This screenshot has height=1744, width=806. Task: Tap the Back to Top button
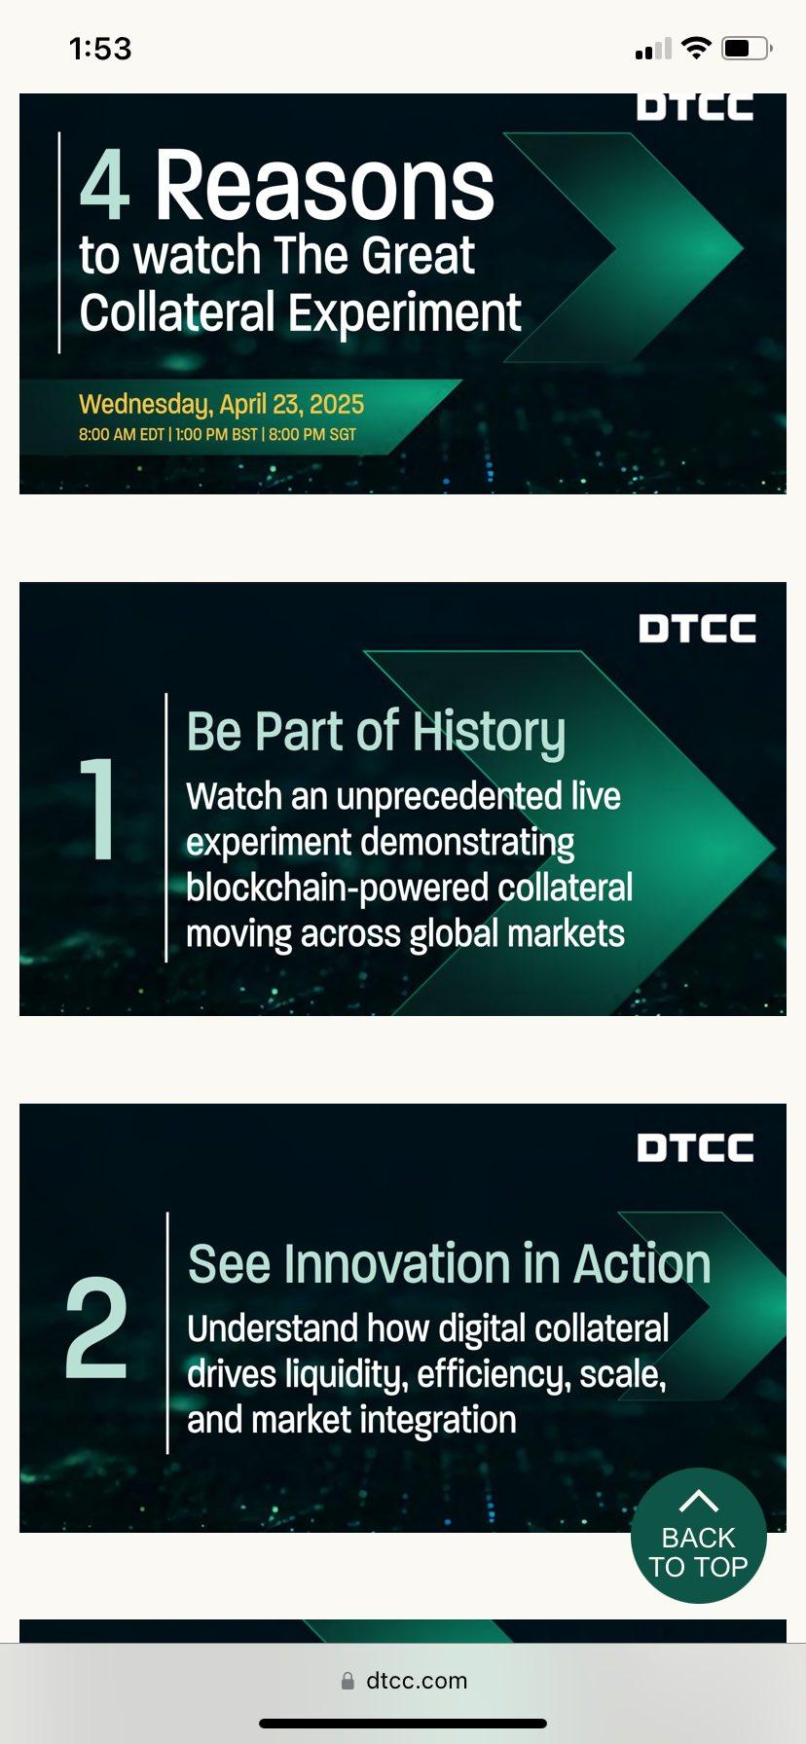698,1535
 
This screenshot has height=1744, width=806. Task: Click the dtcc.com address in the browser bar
417,1681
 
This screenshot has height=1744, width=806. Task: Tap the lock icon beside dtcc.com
348,1681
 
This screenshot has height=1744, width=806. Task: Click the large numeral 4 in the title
105,185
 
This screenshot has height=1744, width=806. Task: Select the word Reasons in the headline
325,185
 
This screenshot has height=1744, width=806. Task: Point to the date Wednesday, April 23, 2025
222,404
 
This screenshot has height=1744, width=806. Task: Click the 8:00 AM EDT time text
122,434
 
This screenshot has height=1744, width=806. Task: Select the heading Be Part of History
376,732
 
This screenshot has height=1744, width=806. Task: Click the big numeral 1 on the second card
97,809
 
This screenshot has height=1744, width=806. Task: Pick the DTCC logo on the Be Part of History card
697,628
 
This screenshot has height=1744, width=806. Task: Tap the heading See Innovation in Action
449,1263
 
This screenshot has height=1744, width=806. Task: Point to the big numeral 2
96,1328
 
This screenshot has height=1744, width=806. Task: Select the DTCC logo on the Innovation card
696,1147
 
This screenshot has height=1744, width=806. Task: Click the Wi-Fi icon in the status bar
696,48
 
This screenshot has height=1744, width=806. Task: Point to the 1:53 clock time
100,48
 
